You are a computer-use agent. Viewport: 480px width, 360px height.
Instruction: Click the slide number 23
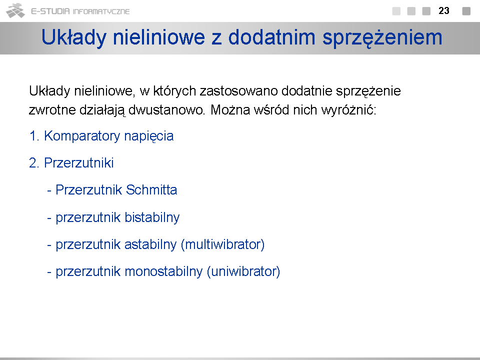tap(444, 11)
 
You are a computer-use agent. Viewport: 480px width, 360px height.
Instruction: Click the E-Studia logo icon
tap(15, 10)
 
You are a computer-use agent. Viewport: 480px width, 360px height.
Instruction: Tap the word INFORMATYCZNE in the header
tap(101, 11)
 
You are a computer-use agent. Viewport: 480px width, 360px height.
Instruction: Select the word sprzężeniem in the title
tap(382, 38)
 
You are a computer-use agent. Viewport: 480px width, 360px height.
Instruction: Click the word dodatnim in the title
tap(272, 37)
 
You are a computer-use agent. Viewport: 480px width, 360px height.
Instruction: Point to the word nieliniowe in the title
tap(159, 37)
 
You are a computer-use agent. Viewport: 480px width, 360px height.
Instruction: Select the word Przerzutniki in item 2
tap(79, 163)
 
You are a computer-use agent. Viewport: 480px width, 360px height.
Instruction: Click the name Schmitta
tap(151, 190)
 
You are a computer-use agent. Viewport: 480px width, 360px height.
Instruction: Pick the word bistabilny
tap(152, 217)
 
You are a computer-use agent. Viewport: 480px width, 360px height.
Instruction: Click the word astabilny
tap(150, 244)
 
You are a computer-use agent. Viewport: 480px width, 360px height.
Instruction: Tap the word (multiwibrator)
tap(223, 244)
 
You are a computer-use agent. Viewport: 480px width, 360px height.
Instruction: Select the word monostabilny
tap(163, 272)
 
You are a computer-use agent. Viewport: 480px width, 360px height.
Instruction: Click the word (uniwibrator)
tap(243, 272)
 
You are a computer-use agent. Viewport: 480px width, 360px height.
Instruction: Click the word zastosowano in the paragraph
tap(239, 91)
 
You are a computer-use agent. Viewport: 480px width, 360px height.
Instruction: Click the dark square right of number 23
tap(466, 11)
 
